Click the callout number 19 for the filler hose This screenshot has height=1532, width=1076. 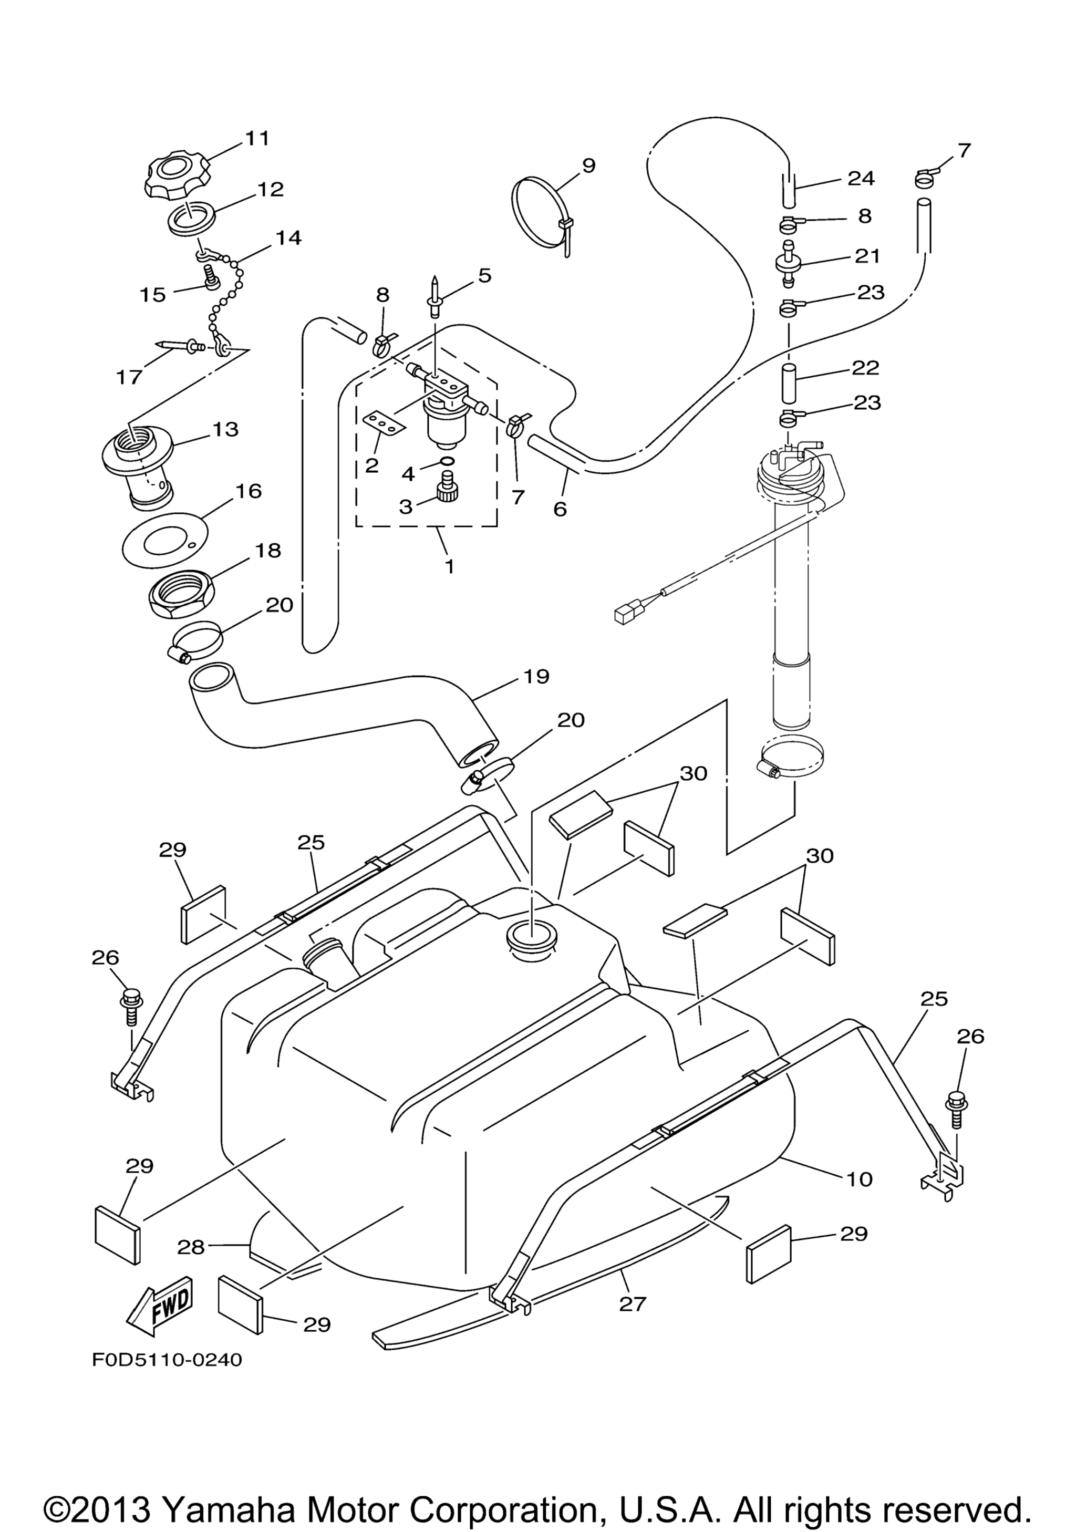coord(536,677)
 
